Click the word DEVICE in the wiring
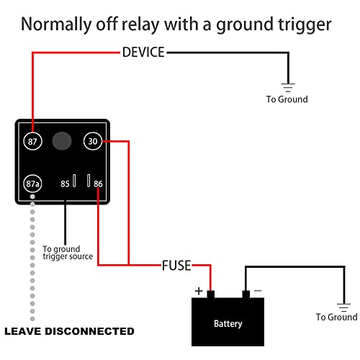pos(143,52)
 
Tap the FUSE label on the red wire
pos(176,266)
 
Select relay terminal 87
pos(32,141)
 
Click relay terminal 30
pos(93,141)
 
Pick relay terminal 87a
pos(32,184)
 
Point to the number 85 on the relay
pos(66,184)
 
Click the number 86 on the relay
pos(99,184)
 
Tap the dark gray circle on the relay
pos(63,140)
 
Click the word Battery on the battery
pos(228,323)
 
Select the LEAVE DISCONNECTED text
pos(69,332)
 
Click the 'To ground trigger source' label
pos(68,252)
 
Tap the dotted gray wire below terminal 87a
pos(32,259)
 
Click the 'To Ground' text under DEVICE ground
pos(287,99)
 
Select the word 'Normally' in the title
pos(58,24)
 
